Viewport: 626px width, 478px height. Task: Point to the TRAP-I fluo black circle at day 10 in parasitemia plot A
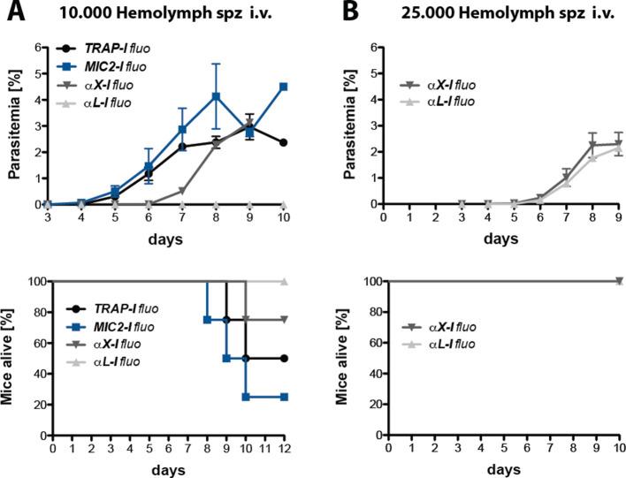(x=283, y=142)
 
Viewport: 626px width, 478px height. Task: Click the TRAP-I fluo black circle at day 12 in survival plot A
(x=283, y=358)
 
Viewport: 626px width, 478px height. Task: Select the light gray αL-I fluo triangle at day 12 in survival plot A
(x=283, y=282)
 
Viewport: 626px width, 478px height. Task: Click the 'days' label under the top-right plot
(x=500, y=239)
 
